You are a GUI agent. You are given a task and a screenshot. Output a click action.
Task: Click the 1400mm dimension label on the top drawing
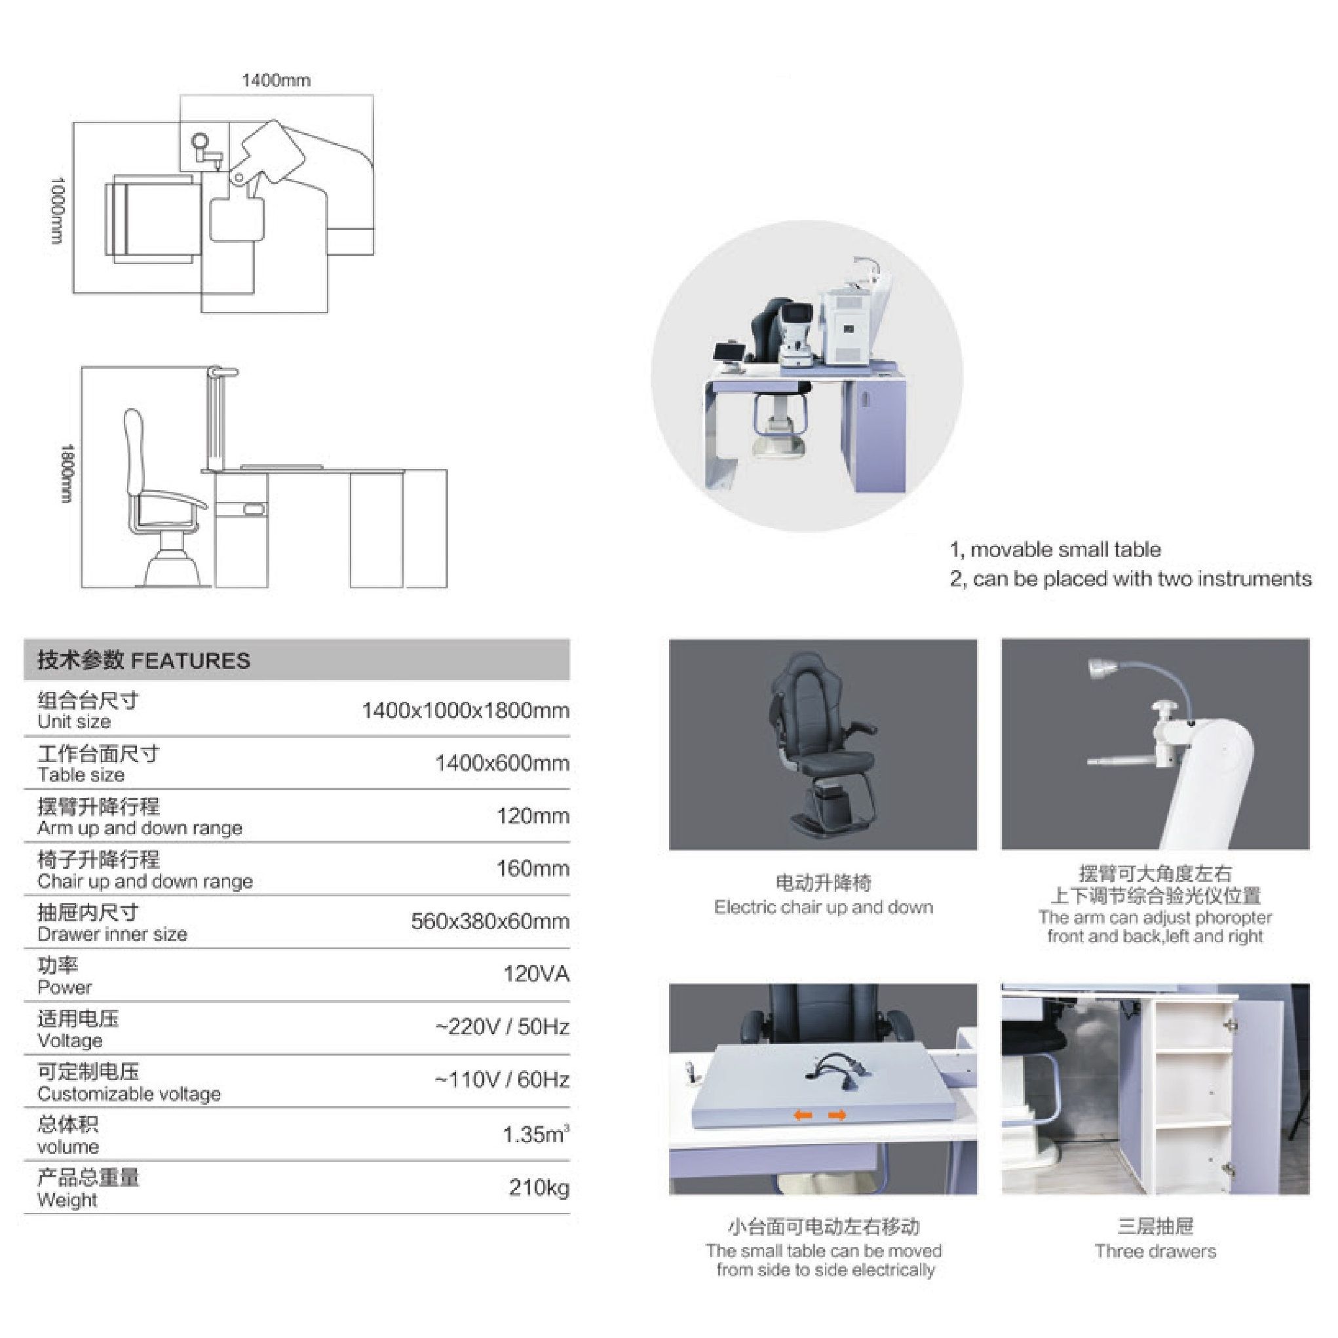276,81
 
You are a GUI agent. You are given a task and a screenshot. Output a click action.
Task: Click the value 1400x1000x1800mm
465,710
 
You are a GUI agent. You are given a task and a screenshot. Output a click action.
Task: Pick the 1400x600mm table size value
502,763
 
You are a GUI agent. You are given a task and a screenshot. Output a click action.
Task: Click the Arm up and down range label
140,828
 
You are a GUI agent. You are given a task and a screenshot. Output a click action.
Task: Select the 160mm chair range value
533,868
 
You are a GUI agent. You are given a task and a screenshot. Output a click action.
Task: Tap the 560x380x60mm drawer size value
490,921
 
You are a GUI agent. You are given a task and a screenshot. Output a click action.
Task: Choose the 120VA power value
536,974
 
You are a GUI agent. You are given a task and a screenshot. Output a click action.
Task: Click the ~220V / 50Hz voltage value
502,1026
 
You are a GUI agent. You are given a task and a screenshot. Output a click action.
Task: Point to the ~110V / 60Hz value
502,1080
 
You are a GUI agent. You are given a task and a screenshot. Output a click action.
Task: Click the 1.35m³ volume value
536,1134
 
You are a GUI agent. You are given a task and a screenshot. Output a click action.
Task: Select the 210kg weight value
539,1188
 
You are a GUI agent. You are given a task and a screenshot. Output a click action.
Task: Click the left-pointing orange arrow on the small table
803,1115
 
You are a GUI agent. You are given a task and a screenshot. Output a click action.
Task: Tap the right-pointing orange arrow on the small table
837,1115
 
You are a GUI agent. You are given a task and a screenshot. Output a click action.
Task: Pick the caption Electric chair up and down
824,908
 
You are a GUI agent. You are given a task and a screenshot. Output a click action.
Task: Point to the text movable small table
1066,550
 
